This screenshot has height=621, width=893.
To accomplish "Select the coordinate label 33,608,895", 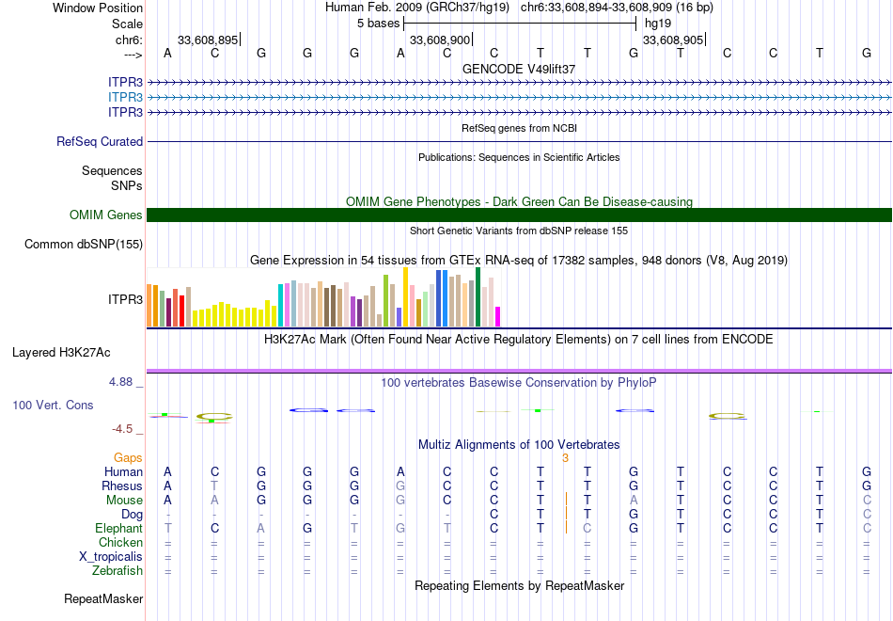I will coord(208,40).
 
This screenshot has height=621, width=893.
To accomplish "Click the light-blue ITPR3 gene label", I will coord(125,97).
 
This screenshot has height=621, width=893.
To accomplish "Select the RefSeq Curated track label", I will coord(100,141).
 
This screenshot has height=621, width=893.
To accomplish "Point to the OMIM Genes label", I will coord(106,215).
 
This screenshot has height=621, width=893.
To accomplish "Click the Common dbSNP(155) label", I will coord(83,245).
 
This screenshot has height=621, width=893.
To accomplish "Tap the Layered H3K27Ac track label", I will coord(61,353).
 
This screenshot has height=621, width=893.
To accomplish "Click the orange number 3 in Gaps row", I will coord(565,457).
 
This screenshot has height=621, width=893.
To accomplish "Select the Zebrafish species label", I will coord(117,570).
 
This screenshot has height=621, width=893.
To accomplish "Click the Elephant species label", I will coord(118,529).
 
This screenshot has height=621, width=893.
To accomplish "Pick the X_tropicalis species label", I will coord(111,556).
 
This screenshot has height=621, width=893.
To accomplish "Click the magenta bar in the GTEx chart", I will coord(498,316).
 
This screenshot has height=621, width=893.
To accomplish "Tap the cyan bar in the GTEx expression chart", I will coord(280,305).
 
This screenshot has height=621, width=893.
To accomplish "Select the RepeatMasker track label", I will coord(103,598).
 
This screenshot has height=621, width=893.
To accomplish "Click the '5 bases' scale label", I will coord(379,24).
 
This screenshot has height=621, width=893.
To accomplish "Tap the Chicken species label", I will coord(120,542).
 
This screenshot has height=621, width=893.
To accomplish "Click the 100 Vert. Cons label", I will coord(53,405).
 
